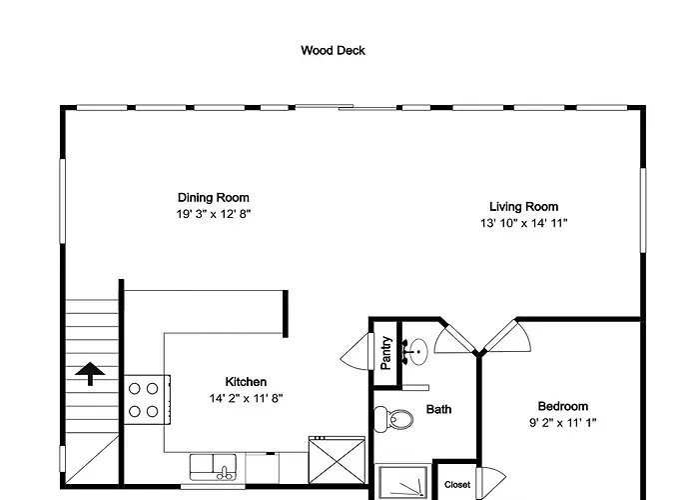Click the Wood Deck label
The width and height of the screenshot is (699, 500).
(x=333, y=50)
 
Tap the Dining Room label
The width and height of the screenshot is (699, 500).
(x=214, y=198)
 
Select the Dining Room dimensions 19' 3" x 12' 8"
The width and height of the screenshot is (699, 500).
(x=214, y=214)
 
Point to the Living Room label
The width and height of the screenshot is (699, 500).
(x=524, y=207)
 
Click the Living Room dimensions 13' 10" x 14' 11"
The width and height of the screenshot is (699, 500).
(x=524, y=223)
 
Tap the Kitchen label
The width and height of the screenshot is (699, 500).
(x=246, y=382)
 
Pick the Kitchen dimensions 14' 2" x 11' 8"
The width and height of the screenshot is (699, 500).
(x=246, y=398)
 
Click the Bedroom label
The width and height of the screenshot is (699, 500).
(x=563, y=406)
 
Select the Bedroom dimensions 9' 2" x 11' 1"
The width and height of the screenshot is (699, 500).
(x=563, y=422)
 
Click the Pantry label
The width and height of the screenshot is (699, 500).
(x=386, y=353)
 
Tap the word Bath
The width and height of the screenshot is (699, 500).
(x=438, y=409)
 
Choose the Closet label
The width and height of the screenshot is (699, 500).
(x=457, y=485)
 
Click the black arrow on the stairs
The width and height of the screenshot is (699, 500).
(x=90, y=373)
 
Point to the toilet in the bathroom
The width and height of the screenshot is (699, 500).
(x=393, y=419)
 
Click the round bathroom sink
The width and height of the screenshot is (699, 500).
(x=418, y=352)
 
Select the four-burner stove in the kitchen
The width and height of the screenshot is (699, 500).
(x=147, y=400)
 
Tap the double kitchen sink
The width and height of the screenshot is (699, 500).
(x=213, y=467)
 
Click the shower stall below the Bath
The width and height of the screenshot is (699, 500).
(x=403, y=482)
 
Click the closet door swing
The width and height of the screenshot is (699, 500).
(x=490, y=481)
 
